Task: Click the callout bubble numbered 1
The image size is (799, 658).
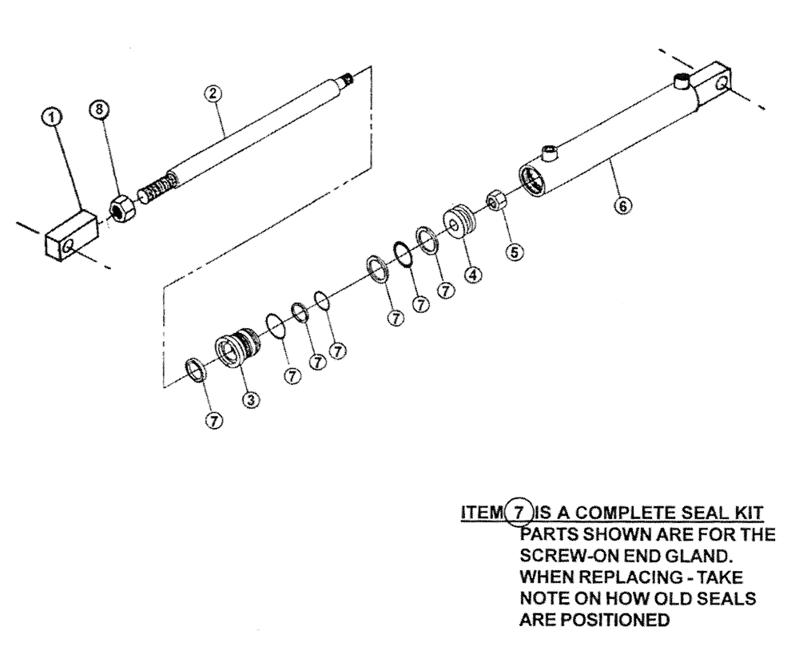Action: click(52, 118)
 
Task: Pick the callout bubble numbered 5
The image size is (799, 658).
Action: click(515, 252)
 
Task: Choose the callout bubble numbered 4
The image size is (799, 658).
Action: click(475, 274)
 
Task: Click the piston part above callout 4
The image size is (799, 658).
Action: click(459, 221)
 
